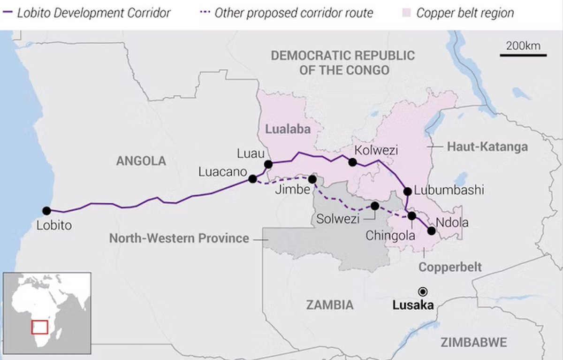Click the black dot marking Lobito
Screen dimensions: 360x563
(46, 211)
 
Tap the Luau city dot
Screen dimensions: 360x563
(268, 164)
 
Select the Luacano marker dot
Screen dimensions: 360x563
(252, 179)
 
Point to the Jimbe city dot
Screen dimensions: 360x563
(312, 179)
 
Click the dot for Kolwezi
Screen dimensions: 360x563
(352, 162)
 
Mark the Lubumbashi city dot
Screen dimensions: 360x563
(407, 191)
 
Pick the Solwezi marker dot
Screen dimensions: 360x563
(375, 206)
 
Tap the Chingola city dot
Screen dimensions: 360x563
(412, 216)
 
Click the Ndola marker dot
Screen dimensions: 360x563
(431, 230)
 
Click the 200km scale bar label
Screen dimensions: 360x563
(523, 46)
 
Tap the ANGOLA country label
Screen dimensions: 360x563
(141, 161)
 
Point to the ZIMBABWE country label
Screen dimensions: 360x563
(474, 342)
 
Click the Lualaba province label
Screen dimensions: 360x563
(288, 129)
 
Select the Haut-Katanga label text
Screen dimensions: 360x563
(487, 147)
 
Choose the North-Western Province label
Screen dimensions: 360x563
(179, 238)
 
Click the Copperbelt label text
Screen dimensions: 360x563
(450, 267)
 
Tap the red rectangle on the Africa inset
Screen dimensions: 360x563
(40, 327)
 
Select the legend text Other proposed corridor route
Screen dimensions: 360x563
(294, 13)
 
